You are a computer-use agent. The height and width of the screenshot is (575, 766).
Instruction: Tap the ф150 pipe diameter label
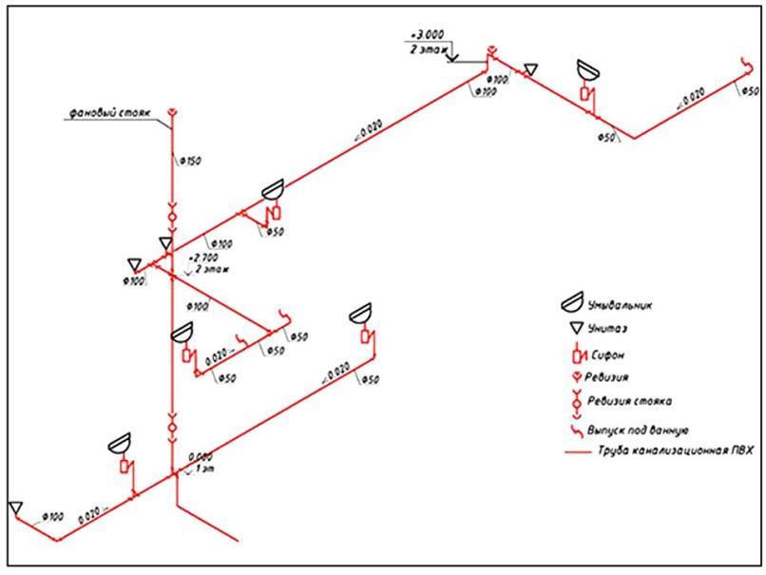pyautogui.click(x=190, y=161)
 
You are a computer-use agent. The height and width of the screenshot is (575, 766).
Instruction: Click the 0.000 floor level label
pyautogui.click(x=201, y=456)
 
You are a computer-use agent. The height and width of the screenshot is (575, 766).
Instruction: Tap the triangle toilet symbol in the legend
pyautogui.click(x=573, y=329)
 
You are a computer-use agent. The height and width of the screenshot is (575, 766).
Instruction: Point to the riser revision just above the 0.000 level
pyautogui.click(x=172, y=427)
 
